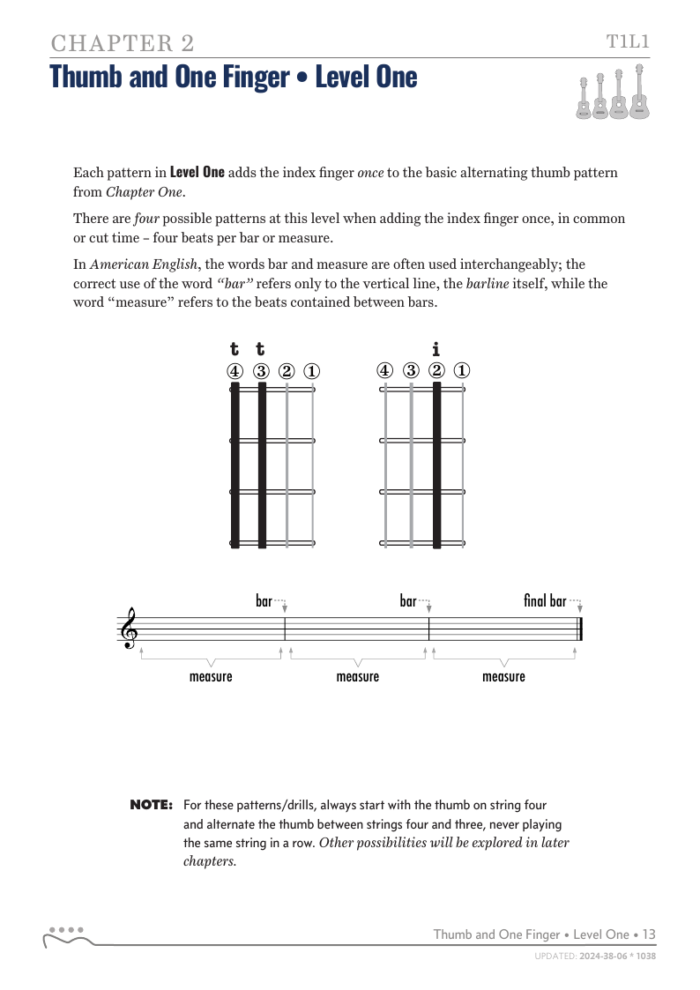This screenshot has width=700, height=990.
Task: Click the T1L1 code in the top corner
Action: click(x=628, y=41)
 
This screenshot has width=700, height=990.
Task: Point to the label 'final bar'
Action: click(x=545, y=601)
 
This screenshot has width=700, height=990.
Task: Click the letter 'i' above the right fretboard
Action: click(x=436, y=349)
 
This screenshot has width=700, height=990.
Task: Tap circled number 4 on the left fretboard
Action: click(x=235, y=371)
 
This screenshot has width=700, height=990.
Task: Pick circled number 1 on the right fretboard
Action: click(x=462, y=371)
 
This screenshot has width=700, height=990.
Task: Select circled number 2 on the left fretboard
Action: click(x=287, y=371)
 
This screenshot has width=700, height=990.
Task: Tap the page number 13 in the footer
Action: click(x=649, y=934)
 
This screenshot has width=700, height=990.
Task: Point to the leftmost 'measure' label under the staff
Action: click(x=211, y=676)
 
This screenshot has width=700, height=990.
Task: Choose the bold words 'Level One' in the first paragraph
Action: click(x=197, y=172)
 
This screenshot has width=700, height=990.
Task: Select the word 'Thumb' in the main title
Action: click(x=86, y=77)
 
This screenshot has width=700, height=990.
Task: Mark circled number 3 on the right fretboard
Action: click(x=411, y=371)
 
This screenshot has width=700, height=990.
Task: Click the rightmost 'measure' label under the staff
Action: click(x=503, y=676)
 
